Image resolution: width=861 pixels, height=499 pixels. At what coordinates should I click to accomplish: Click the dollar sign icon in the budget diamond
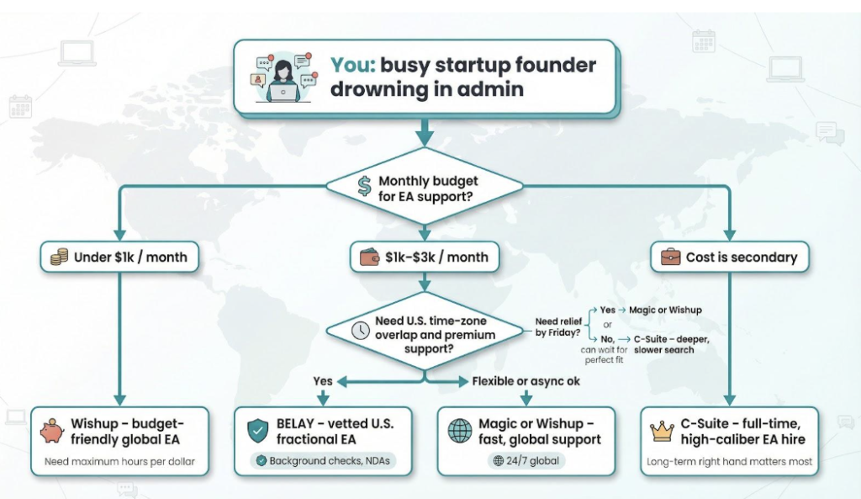coord(364,187)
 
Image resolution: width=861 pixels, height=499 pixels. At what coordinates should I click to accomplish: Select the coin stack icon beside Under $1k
coord(58,257)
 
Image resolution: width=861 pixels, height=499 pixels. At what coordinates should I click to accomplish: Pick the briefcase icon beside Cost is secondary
coord(670,257)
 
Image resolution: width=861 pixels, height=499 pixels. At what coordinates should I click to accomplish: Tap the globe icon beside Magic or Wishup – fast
coord(460,431)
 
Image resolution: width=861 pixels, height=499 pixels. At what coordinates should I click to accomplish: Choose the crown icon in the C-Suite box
coord(663,432)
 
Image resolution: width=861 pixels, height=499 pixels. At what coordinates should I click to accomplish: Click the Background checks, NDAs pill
coord(324,461)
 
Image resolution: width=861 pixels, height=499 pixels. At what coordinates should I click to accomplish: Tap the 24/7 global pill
coord(528,461)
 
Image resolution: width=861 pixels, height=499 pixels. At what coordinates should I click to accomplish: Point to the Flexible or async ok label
coord(526,381)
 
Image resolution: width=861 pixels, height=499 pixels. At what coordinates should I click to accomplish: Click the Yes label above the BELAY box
coord(323,381)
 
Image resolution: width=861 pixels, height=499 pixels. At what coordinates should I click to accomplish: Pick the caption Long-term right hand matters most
coord(730,462)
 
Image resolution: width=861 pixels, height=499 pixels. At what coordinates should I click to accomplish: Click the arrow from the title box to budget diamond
coord(425,131)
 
